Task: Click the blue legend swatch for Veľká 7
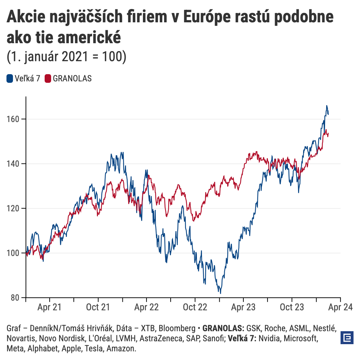(x=10, y=78)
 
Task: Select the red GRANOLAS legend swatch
(x=48, y=78)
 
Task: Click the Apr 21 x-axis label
(x=49, y=307)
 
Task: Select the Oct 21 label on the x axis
(x=98, y=307)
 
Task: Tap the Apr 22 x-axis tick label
(x=147, y=307)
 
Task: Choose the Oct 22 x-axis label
(x=195, y=307)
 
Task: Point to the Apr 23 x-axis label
(x=243, y=307)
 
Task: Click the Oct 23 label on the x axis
(x=292, y=307)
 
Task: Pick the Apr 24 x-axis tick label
(x=340, y=307)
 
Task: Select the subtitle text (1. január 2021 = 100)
(x=67, y=57)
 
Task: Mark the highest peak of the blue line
(x=327, y=105)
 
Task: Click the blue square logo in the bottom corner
(x=347, y=338)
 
